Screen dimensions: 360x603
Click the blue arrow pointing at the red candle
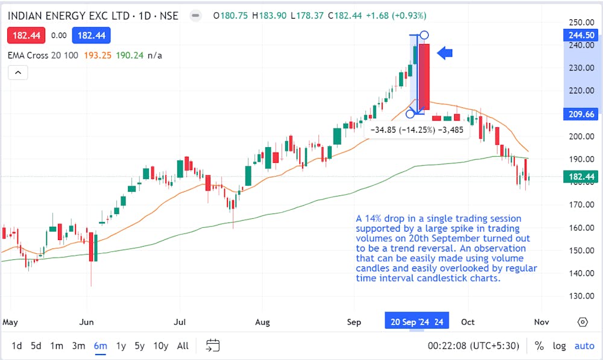pyautogui.click(x=444, y=54)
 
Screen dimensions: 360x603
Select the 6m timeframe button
pyautogui.click(x=100, y=346)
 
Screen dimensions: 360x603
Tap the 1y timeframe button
pyautogui.click(x=121, y=346)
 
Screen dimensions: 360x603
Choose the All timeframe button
pyautogui.click(x=183, y=346)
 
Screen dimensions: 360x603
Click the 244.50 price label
pyautogui.click(x=581, y=35)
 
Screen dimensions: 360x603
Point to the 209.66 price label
pyautogui.click(x=581, y=114)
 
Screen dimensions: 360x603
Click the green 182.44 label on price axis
pyautogui.click(x=581, y=177)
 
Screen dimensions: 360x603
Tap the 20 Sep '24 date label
pyautogui.click(x=417, y=322)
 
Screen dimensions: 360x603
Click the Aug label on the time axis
pyautogui.click(x=262, y=322)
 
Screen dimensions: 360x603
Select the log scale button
pyautogui.click(x=560, y=346)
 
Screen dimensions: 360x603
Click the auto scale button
pyautogui.click(x=584, y=346)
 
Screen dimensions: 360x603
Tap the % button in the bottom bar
pyautogui.click(x=539, y=346)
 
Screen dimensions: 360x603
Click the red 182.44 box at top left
pyautogui.click(x=26, y=36)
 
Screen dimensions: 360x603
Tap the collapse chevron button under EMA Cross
pyautogui.click(x=17, y=72)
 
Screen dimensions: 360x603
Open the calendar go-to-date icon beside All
pyautogui.click(x=212, y=346)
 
